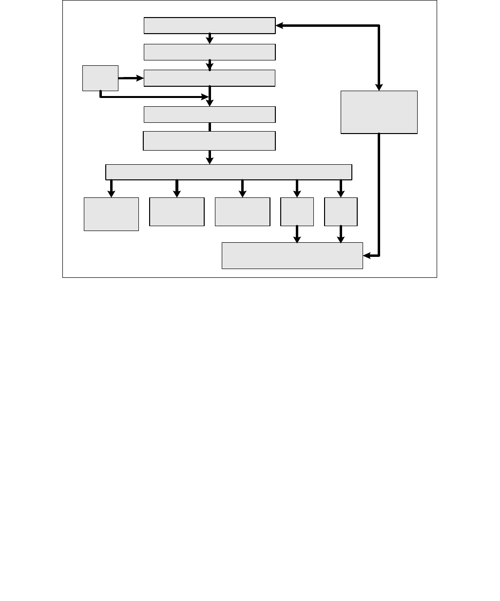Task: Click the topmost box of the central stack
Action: [210, 26]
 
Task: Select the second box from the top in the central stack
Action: [210, 52]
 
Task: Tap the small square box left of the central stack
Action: [100, 78]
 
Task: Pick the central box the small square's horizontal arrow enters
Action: [210, 78]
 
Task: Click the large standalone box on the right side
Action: [379, 112]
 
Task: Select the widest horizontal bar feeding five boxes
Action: [229, 172]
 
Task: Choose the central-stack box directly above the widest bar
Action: [209, 141]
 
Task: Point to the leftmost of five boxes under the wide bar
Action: [111, 214]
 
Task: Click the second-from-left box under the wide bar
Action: [176, 212]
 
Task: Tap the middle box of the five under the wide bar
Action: [242, 212]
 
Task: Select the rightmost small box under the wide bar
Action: [341, 212]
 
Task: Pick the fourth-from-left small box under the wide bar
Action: [297, 212]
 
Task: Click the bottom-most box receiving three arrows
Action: [292, 255]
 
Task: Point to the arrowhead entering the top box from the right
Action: [279, 26]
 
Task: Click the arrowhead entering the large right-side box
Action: [379, 87]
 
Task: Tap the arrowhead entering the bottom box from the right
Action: [366, 255]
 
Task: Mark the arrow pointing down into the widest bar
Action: [210, 157]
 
